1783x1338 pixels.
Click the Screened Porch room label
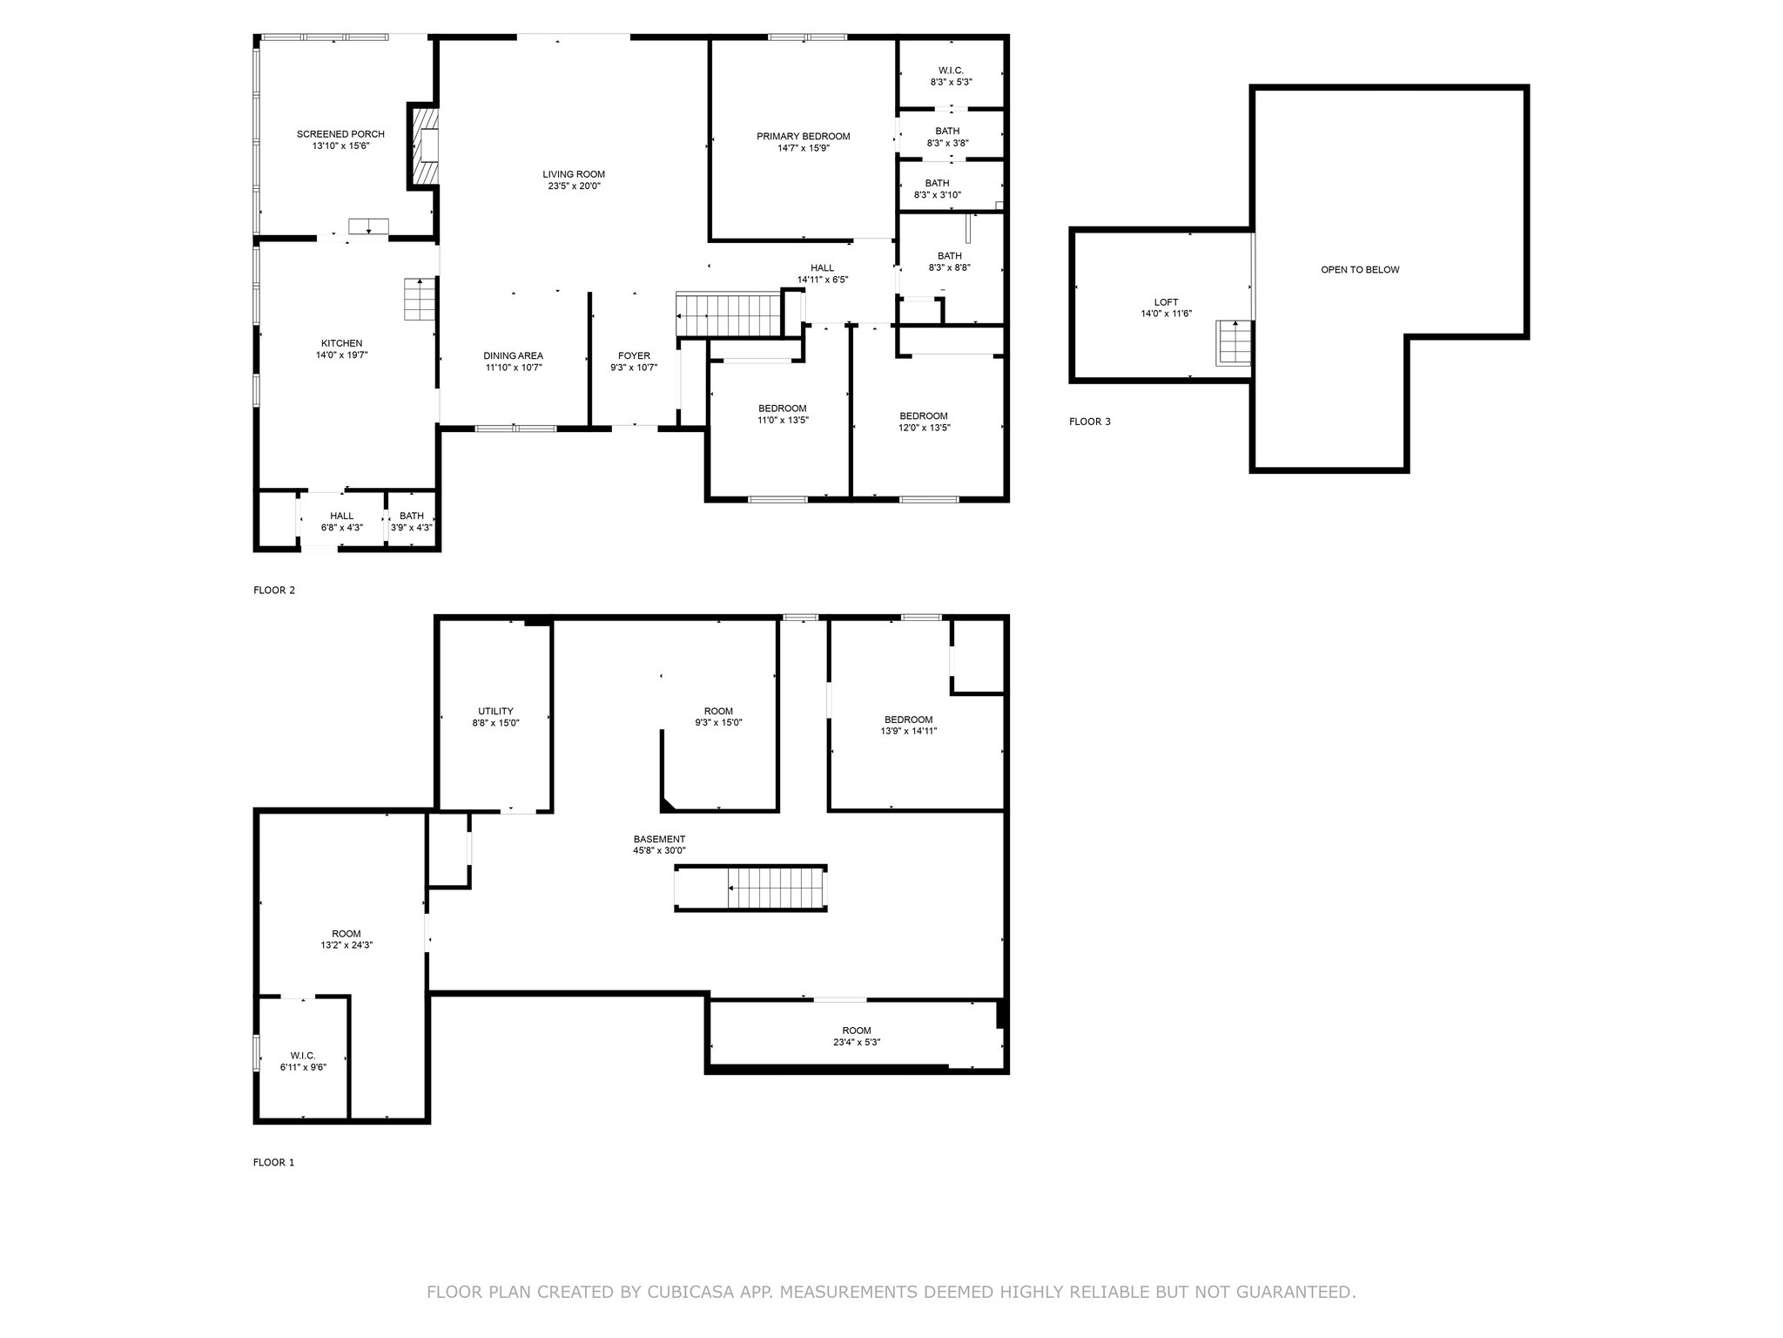[x=340, y=134]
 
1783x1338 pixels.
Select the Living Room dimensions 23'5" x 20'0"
[x=574, y=186]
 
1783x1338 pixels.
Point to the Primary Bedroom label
[x=803, y=137]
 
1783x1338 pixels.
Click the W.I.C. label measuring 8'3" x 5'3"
[x=951, y=71]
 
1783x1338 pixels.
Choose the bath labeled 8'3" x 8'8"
[x=949, y=262]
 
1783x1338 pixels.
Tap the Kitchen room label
[x=341, y=343]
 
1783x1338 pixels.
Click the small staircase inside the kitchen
[x=419, y=300]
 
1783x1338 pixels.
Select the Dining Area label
[x=514, y=355]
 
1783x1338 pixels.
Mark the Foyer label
[x=634, y=355]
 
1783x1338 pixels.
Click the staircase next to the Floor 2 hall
[x=729, y=314]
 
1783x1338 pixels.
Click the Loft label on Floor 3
[x=1166, y=302]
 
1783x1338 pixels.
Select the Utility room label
[x=495, y=711]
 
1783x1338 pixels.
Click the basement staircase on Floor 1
[x=750, y=889]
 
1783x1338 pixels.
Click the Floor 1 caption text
[x=273, y=1162]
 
